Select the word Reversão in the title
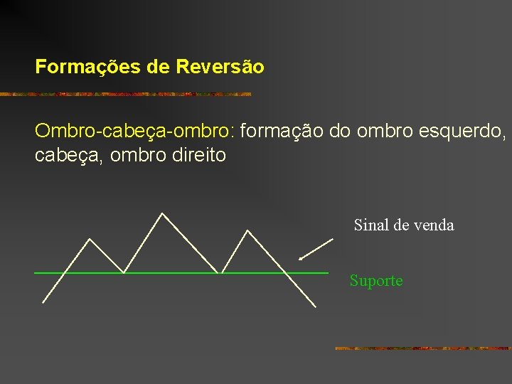(220, 68)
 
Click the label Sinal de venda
(403, 225)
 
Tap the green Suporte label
(375, 281)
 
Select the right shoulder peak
(247, 230)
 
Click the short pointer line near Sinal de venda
(316, 250)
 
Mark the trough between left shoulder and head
(124, 272)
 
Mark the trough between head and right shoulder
(221, 272)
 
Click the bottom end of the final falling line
(314, 306)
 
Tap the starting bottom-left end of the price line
(43, 302)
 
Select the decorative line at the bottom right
(422, 348)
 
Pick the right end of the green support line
(327, 272)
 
